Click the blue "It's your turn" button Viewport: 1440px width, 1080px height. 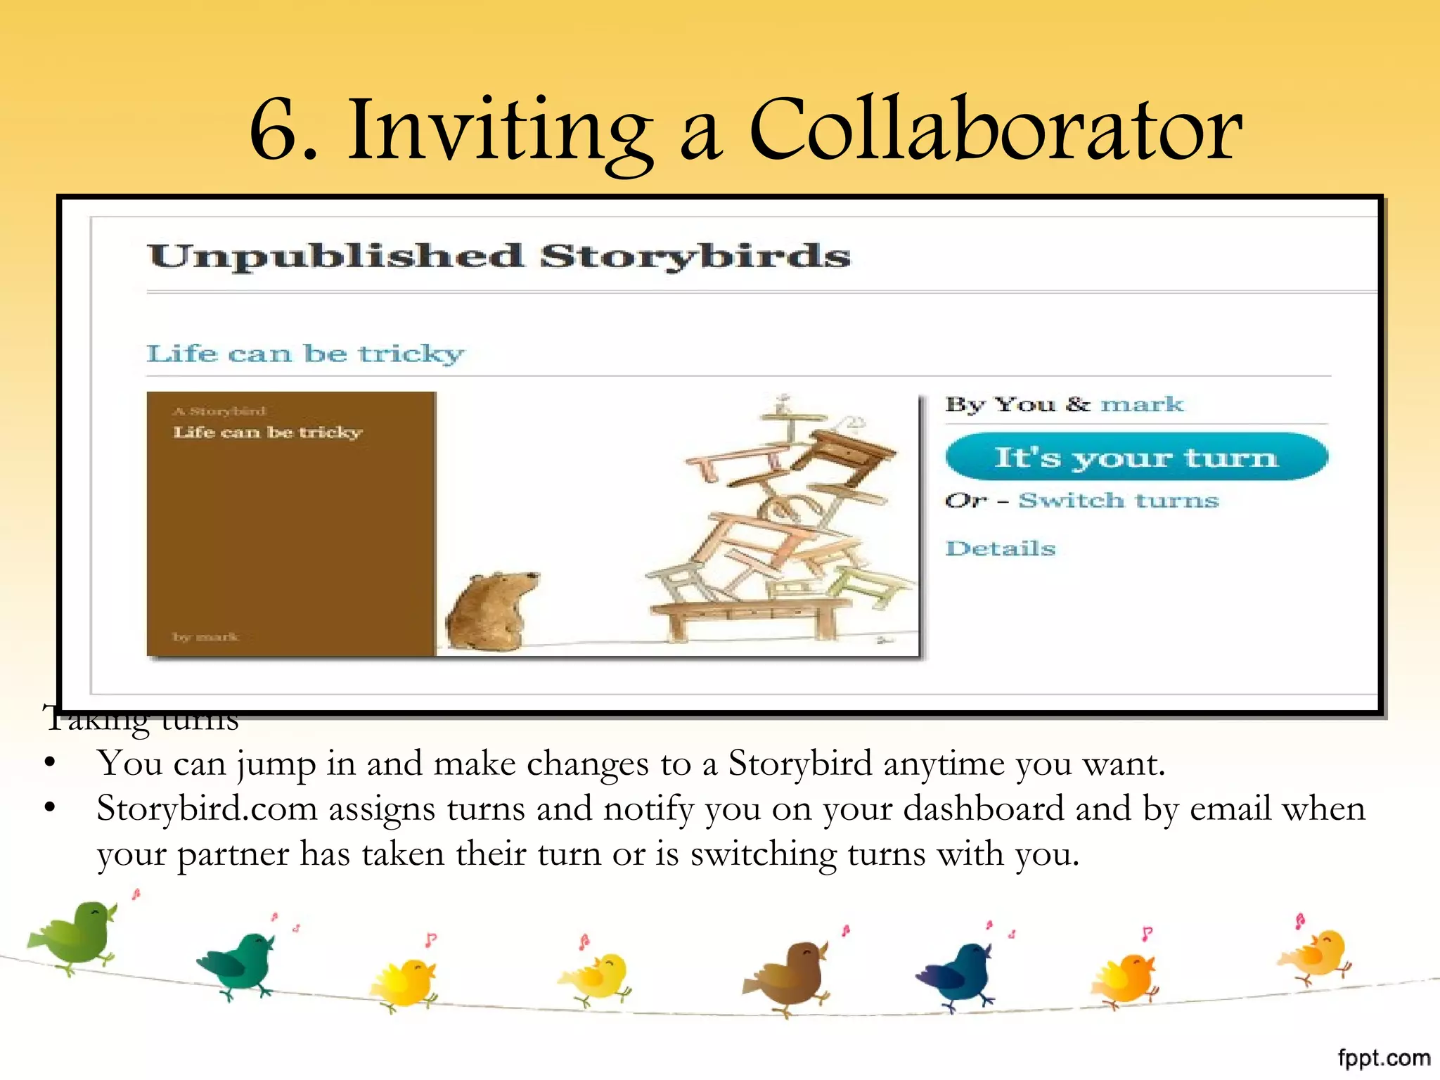pyautogui.click(x=1136, y=457)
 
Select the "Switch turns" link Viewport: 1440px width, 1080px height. pyautogui.click(x=1118, y=500)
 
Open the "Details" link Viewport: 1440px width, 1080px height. pyautogui.click(x=1000, y=548)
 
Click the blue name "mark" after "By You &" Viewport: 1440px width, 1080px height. pyautogui.click(x=1142, y=404)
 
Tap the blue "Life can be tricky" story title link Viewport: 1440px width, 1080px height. pyautogui.click(x=305, y=353)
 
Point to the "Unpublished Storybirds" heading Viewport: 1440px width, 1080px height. pyautogui.click(x=499, y=256)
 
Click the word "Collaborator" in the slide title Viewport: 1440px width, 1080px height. pyautogui.click(x=996, y=129)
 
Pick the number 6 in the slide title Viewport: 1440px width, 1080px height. pyautogui.click(x=276, y=131)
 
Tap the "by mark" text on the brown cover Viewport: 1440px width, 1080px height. pyautogui.click(x=205, y=637)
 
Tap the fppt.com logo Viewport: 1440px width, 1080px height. pyautogui.click(x=1384, y=1057)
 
